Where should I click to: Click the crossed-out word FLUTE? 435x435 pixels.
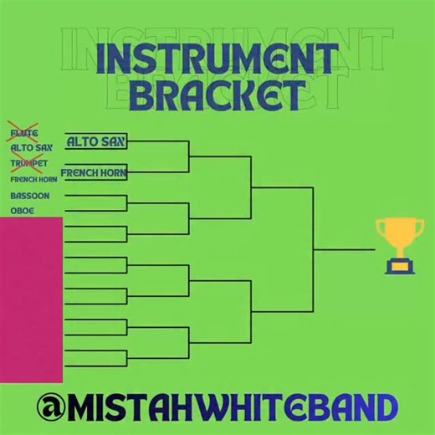[24, 133]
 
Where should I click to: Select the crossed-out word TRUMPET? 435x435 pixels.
[28, 163]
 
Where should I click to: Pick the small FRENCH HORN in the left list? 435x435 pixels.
[33, 179]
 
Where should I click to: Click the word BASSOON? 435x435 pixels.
[29, 196]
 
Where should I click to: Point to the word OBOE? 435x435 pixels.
[23, 211]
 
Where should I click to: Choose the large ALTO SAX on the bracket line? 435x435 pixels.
[95, 141]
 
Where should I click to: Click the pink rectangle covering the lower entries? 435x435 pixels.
[31, 297]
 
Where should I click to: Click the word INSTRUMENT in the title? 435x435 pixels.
[217, 60]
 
